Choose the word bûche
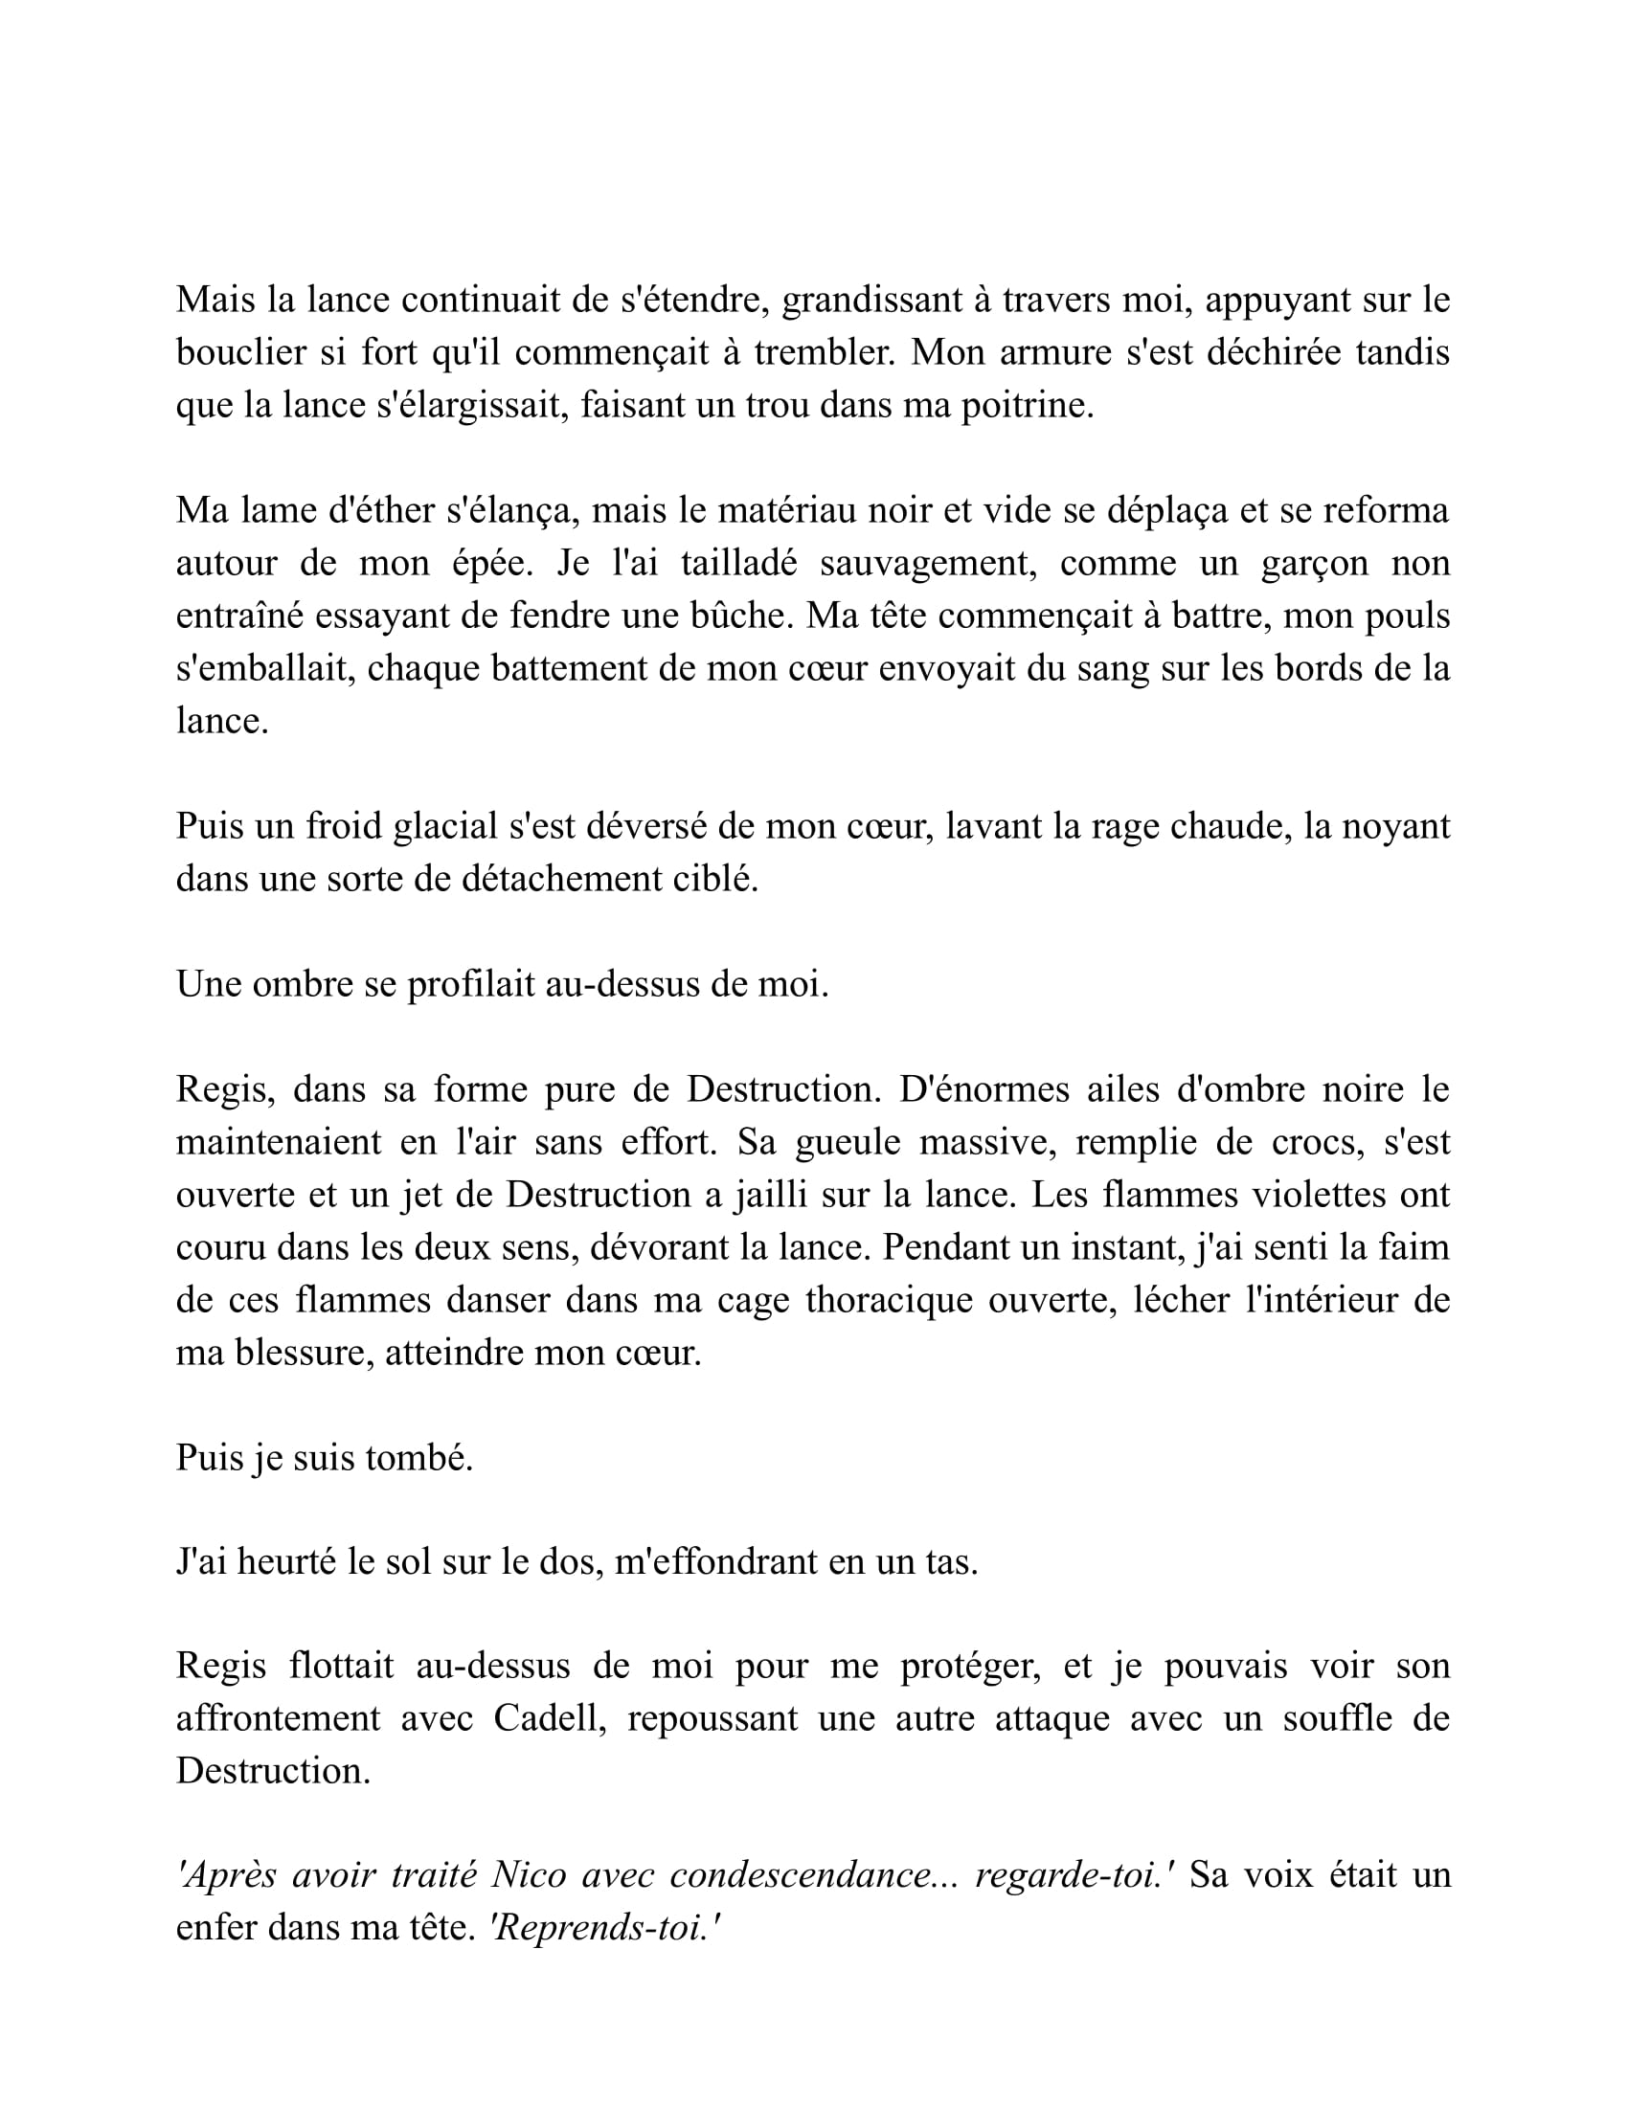[x=741, y=616]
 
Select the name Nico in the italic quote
[x=530, y=1875]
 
